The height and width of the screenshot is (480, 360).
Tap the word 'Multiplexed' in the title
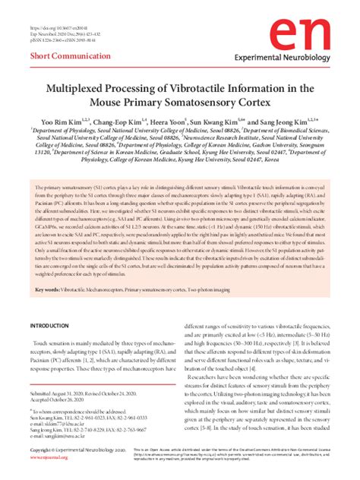[x=80, y=88]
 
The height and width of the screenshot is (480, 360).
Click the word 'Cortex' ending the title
[x=257, y=103]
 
